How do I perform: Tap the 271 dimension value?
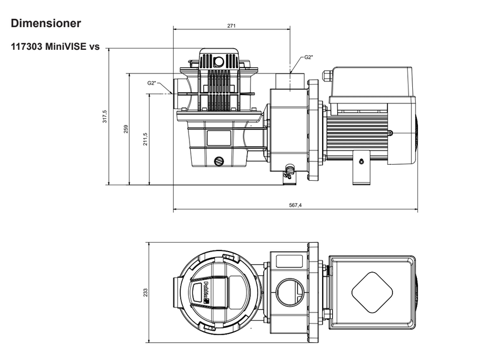click(x=232, y=26)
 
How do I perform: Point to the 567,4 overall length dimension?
click(x=295, y=205)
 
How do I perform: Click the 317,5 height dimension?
click(x=105, y=117)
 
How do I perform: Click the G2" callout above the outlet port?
click(x=308, y=57)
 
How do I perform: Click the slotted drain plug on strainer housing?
click(x=218, y=161)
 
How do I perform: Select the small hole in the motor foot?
click(x=361, y=161)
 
